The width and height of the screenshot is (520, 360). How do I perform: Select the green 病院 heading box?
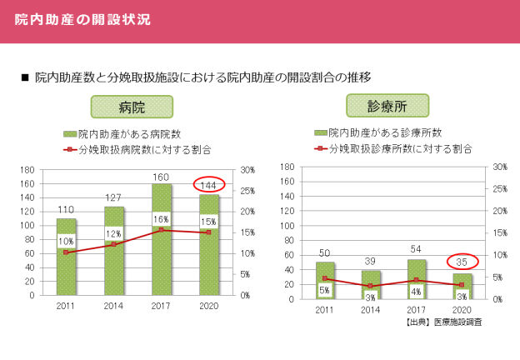132,107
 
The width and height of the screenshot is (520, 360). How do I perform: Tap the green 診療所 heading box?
386,106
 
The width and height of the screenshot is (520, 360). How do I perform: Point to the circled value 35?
461,262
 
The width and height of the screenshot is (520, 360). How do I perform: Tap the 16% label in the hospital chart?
161,219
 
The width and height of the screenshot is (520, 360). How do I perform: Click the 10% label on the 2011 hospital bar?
66,241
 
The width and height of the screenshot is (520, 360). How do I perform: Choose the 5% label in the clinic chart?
325,290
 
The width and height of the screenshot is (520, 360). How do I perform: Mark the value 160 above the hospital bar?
161,177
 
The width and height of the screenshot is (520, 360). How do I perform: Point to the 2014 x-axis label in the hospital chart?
113,307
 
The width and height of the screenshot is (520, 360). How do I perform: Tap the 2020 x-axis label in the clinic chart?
460,310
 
